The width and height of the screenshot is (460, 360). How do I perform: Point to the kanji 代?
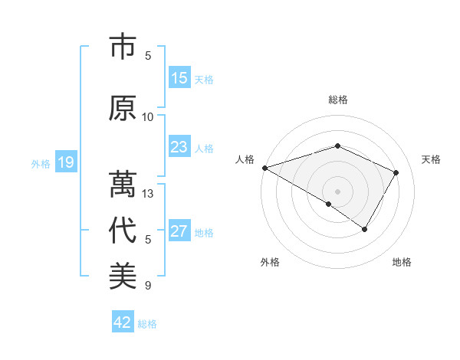[x=123, y=231]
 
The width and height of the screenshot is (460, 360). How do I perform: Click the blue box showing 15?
[x=179, y=78]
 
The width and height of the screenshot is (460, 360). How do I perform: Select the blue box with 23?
[x=179, y=147]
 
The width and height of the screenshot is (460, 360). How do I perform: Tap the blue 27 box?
[x=179, y=231]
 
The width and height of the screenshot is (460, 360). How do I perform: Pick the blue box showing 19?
[x=65, y=162]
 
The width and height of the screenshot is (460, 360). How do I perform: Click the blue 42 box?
[x=123, y=322]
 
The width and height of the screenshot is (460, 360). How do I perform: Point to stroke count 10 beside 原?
[x=148, y=117]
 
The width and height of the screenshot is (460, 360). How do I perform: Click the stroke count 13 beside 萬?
[x=148, y=194]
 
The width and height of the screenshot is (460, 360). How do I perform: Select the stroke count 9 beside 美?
[x=148, y=286]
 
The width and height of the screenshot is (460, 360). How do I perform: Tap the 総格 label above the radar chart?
[x=337, y=100]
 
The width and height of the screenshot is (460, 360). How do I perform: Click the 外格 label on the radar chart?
[x=270, y=263]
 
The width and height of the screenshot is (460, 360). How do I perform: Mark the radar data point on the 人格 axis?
[x=264, y=167]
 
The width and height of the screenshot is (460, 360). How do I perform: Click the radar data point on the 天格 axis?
[x=396, y=173]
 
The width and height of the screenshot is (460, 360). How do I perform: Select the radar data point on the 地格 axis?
[x=365, y=229]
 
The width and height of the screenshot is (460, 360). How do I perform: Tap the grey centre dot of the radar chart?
[x=337, y=191]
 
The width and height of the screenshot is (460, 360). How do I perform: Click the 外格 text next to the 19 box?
[x=41, y=163]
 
